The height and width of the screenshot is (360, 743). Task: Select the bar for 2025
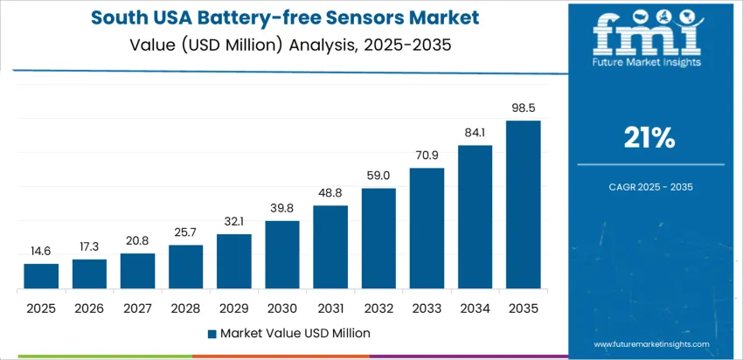click(x=41, y=276)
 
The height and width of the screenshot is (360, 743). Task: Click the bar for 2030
click(x=282, y=254)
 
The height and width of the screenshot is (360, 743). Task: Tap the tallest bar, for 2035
click(x=523, y=204)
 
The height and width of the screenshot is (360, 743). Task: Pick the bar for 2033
click(x=427, y=228)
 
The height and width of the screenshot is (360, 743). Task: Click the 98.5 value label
click(x=523, y=108)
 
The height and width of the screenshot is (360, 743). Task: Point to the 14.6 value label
click(x=41, y=251)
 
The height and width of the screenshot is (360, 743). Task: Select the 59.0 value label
click(x=378, y=176)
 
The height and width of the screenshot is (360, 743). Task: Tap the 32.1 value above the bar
click(x=234, y=222)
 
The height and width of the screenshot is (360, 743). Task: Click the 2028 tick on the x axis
click(x=185, y=308)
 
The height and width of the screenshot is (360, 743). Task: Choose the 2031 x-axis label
click(x=330, y=308)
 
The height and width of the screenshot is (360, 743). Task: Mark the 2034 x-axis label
click(x=475, y=308)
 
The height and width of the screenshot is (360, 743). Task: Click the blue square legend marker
click(x=212, y=333)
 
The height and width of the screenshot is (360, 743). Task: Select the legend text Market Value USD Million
click(x=295, y=333)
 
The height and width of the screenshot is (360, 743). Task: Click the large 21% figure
click(x=649, y=137)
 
